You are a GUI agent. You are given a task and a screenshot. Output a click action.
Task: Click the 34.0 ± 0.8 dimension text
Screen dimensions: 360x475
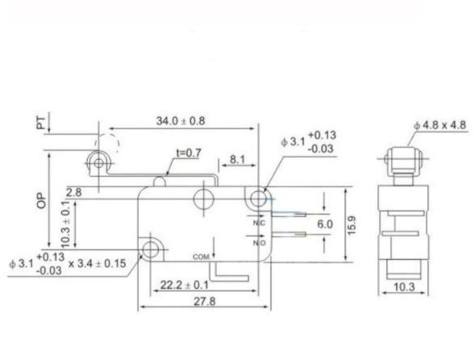(x=180, y=121)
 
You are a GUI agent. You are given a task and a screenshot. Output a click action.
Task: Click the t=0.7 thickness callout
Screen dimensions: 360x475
(x=187, y=152)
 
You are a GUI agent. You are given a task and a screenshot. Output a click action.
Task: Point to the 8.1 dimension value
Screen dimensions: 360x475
(x=237, y=160)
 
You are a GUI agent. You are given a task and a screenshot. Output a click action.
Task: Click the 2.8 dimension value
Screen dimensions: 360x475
(x=74, y=192)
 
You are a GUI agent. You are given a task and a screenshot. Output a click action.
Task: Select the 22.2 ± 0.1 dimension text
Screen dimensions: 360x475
(x=185, y=285)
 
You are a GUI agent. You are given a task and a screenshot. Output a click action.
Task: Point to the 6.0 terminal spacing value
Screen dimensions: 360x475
(x=324, y=224)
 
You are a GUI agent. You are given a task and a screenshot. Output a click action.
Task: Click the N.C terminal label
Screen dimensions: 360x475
(x=260, y=222)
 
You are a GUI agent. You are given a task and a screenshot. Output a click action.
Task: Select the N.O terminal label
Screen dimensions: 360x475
(x=260, y=242)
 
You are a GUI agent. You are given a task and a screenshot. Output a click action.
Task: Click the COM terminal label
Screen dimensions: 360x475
(x=202, y=256)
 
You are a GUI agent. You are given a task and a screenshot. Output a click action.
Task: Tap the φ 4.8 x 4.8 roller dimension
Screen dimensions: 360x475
(x=440, y=124)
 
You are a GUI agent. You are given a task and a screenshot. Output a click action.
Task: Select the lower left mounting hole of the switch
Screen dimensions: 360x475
(x=150, y=249)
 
